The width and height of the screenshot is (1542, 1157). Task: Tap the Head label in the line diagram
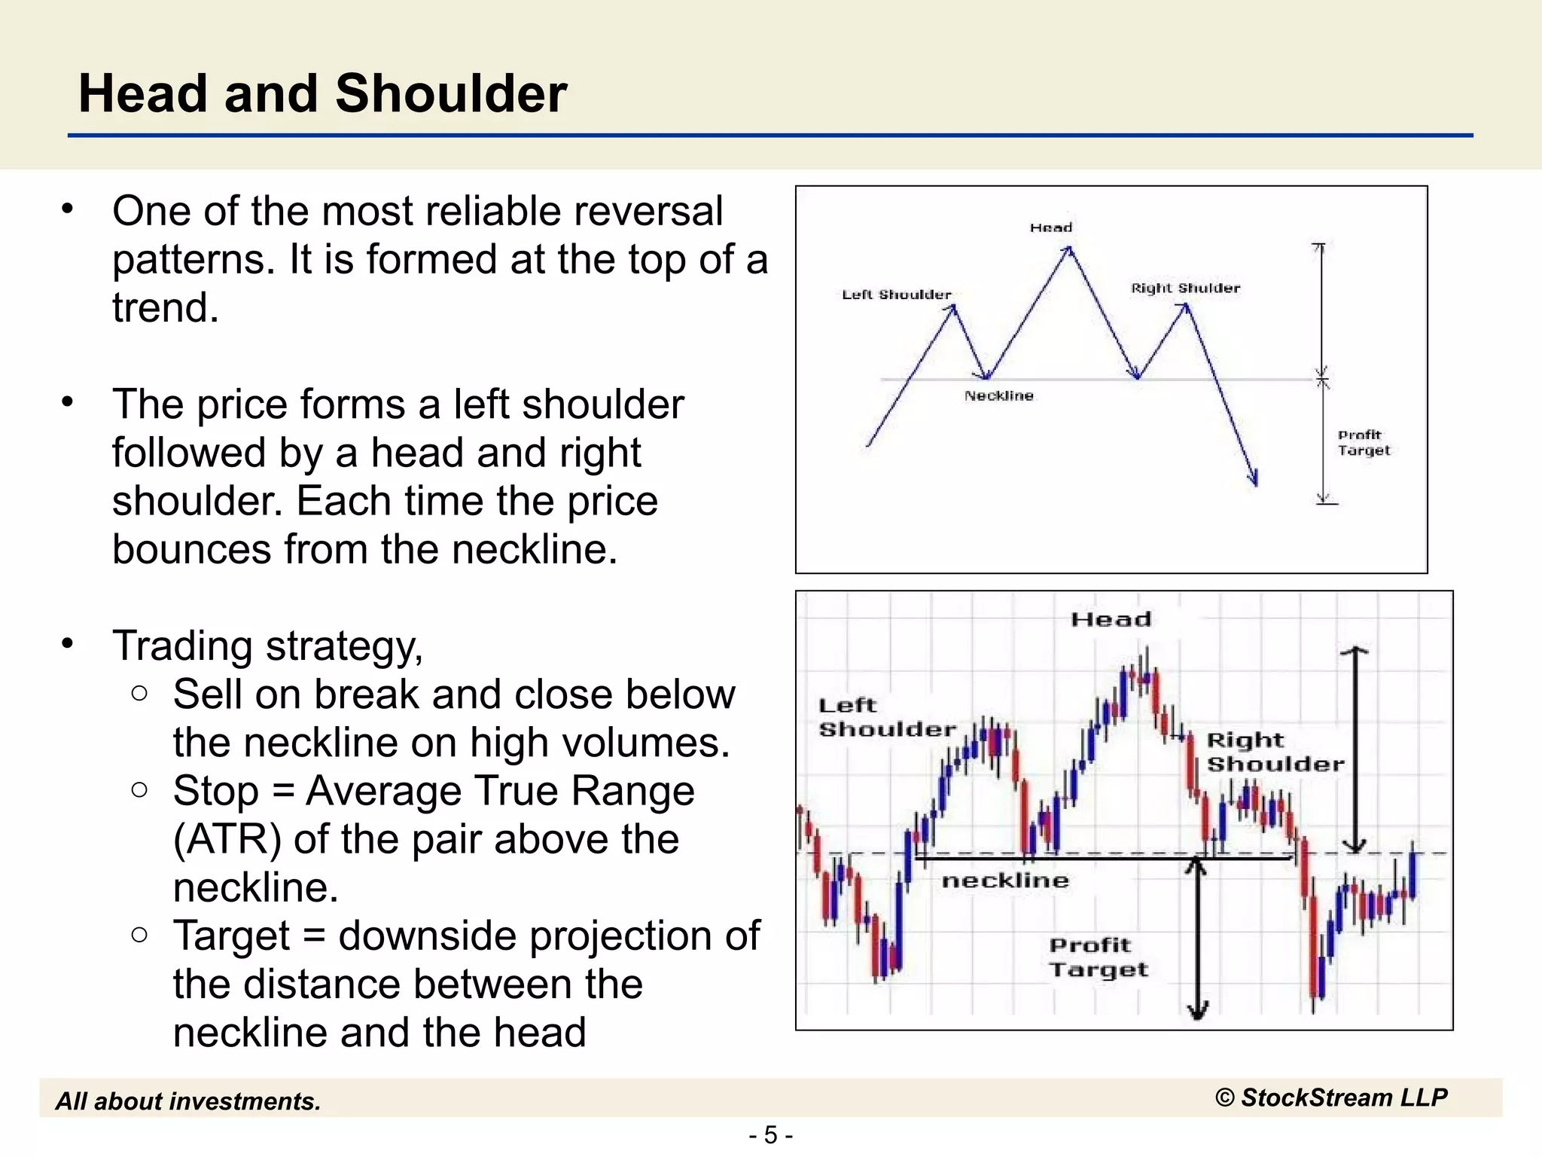1051,227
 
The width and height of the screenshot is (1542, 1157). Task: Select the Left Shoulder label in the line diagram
896,295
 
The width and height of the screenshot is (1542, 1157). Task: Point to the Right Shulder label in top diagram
1185,288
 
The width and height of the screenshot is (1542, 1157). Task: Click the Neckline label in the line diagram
998,395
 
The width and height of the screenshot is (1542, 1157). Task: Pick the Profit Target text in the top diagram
1363,443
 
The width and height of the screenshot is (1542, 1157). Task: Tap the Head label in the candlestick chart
1111,619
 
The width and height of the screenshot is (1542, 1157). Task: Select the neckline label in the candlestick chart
1004,880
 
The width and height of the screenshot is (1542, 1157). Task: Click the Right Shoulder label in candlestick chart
1274,752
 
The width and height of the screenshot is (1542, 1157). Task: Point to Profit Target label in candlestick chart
1098,957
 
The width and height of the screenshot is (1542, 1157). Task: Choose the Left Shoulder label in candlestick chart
885,717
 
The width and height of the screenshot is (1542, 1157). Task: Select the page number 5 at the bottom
770,1134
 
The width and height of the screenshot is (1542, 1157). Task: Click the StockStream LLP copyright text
1331,1097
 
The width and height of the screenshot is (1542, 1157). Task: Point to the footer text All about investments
188,1101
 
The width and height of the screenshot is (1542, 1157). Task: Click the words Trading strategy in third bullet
267,646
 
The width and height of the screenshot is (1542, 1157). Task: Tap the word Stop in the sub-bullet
216,791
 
